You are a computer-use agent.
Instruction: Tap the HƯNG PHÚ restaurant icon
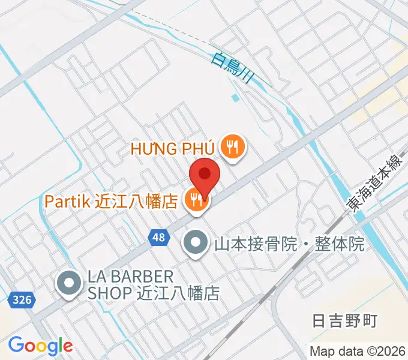[x=231, y=147]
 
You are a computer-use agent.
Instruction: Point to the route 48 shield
[x=158, y=238]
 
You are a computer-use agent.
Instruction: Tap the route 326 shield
[x=20, y=299]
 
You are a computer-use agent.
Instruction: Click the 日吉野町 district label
[x=346, y=321]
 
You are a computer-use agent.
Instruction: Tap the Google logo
[x=40, y=346]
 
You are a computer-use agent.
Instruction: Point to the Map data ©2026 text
[x=358, y=350]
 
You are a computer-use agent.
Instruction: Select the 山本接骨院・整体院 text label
[x=289, y=244]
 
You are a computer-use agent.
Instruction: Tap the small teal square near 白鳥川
[x=235, y=97]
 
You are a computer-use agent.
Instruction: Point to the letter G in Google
[x=17, y=345]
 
